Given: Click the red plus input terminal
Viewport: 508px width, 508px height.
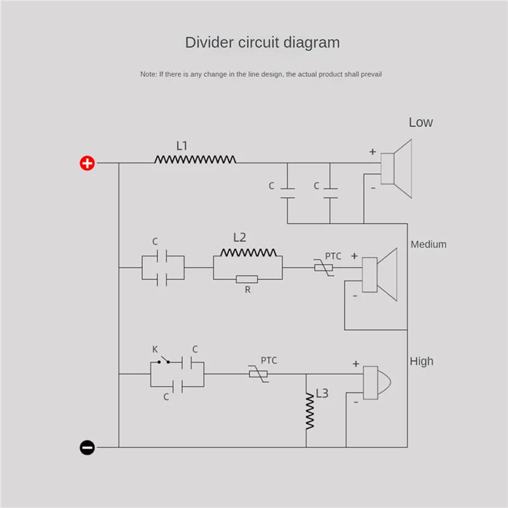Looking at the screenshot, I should (x=87, y=163).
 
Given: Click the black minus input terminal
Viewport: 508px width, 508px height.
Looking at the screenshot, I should (x=87, y=448).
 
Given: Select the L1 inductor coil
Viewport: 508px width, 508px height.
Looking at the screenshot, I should (x=195, y=159).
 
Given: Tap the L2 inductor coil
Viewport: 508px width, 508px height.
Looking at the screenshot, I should (x=248, y=252).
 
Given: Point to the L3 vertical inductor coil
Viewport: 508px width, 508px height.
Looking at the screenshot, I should (x=310, y=411).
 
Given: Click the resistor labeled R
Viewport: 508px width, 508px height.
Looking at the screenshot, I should (x=246, y=279).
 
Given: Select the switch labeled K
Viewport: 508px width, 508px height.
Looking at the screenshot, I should (x=164, y=361).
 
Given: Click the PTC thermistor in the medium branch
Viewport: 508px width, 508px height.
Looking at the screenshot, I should (x=323, y=268).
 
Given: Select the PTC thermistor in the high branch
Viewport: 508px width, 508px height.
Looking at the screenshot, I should (x=258, y=374).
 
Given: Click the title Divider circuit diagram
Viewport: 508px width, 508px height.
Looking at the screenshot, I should (x=262, y=43).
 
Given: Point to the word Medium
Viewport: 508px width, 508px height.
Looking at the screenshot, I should (x=429, y=244).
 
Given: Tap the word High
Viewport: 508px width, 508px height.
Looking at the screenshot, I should (x=422, y=361).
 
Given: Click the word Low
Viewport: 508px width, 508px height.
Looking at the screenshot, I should (x=421, y=123).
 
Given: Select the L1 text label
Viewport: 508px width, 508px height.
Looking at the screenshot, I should (x=182, y=146).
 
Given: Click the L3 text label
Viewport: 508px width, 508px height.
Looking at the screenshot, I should (x=322, y=394).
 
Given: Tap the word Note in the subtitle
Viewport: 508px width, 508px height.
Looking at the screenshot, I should (x=148, y=74).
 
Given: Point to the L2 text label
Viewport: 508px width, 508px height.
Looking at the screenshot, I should (x=239, y=237).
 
